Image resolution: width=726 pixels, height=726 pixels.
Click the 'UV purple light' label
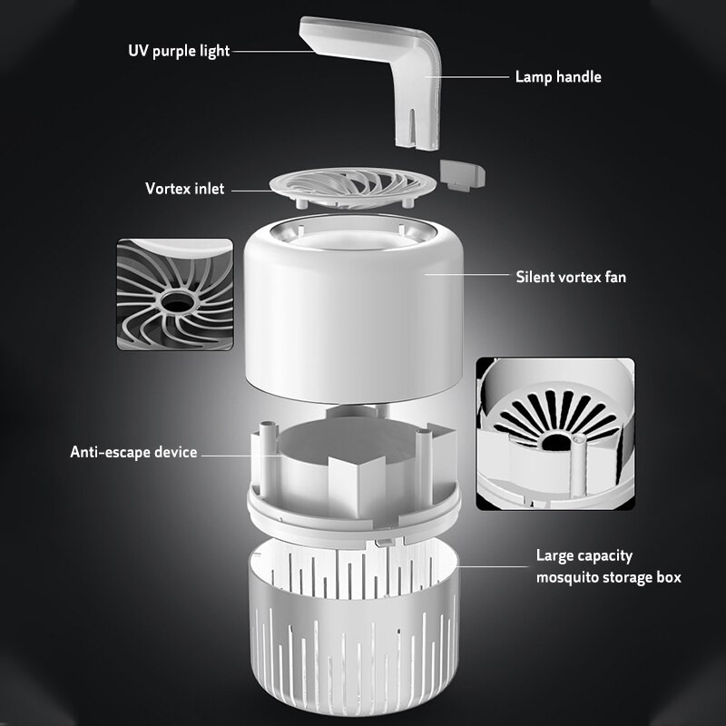tap(179, 50)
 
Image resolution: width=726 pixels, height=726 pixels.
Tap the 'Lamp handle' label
tap(558, 77)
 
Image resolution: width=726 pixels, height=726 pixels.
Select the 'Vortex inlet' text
tap(184, 189)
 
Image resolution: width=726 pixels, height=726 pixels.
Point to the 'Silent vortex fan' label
tap(571, 277)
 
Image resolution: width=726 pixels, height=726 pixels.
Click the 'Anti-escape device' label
tap(133, 451)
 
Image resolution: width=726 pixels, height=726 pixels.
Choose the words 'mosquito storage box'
tap(608, 577)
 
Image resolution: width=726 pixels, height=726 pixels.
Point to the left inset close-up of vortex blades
tap(175, 294)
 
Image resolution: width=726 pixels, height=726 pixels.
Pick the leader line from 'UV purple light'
tap(272, 51)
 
